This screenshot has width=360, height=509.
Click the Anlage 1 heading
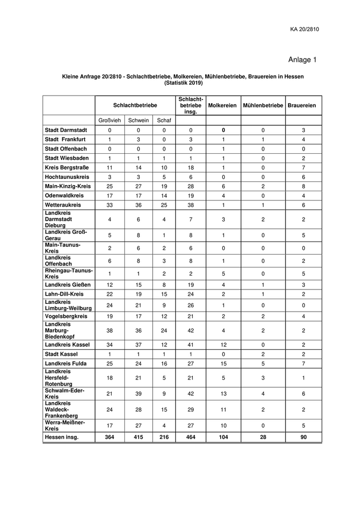pyautogui.click(x=302, y=60)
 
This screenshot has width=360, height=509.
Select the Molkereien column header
pyautogui.click(x=222, y=105)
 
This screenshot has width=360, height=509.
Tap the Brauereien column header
pyautogui.click(x=302, y=105)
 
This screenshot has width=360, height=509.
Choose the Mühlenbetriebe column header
pyautogui.click(x=263, y=105)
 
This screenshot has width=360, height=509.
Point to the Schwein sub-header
pyautogui.click(x=138, y=120)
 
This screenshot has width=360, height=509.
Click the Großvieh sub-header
pyautogui.click(x=109, y=120)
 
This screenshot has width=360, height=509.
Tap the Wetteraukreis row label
pyautogui.click(x=63, y=205)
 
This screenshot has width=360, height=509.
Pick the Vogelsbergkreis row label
pyautogui.click(x=66, y=317)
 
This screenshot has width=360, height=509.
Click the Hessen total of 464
pyautogui.click(x=190, y=437)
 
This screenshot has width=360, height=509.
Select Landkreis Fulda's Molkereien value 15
pyautogui.click(x=222, y=363)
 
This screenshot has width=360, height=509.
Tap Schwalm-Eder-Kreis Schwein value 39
pyautogui.click(x=138, y=394)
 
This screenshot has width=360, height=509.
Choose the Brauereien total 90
pyautogui.click(x=303, y=437)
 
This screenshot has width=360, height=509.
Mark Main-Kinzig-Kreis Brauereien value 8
pyautogui.click(x=303, y=186)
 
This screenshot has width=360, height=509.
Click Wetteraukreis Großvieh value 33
pyautogui.click(x=109, y=205)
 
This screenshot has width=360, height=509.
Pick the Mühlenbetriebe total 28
pyautogui.click(x=263, y=437)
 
